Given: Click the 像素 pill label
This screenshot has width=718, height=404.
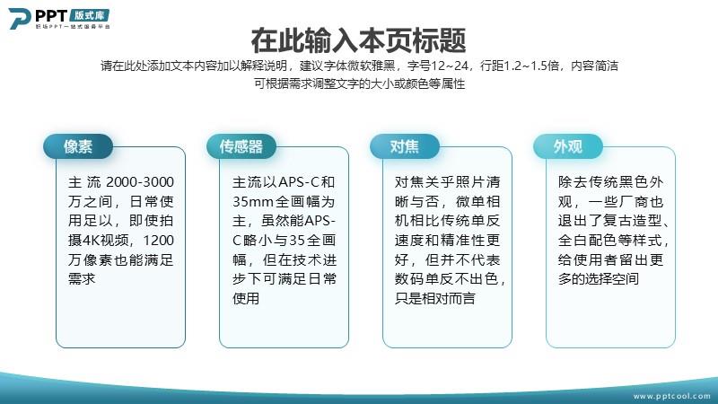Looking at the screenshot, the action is tap(78, 146).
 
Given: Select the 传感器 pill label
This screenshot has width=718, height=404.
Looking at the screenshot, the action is tap(241, 146).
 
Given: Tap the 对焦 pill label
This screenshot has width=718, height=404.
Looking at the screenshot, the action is tap(405, 146).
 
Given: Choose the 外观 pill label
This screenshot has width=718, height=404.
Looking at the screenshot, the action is tap(568, 146).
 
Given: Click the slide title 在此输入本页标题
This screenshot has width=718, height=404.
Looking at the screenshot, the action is tap(358, 40).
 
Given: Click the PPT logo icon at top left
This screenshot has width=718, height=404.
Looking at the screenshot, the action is tap(20, 18).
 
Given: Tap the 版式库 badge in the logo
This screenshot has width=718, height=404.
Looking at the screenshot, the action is tap(90, 15).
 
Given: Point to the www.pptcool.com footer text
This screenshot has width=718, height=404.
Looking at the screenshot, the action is tap(671, 396).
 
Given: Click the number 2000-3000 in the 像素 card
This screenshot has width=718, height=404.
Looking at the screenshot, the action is tap(140, 182).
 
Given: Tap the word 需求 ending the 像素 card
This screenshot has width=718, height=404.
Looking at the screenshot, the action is tap(82, 279).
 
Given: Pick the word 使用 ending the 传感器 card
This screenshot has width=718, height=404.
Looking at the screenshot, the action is tap(246, 299).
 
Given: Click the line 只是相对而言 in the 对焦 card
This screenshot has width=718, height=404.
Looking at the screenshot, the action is tap(435, 299).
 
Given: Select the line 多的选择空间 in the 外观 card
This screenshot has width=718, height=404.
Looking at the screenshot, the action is tap(599, 279).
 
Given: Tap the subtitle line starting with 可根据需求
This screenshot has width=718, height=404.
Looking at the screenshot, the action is tap(360, 83).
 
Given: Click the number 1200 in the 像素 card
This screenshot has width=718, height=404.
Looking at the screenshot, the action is tap(159, 241).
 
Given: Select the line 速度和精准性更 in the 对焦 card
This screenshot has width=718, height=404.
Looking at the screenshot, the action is tap(447, 241).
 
